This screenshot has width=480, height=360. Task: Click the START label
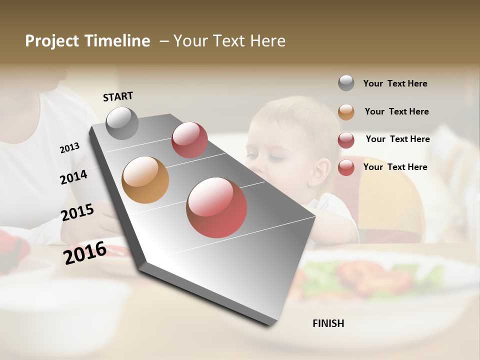pos(118,96)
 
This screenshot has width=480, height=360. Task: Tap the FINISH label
pos(328,323)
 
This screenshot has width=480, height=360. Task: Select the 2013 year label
pos(69,148)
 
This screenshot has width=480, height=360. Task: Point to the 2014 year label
pos(73,177)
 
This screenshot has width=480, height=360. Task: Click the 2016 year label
pos(84,252)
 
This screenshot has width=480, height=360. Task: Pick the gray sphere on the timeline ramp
pos(122,123)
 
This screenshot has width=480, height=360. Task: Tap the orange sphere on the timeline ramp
pos(145,180)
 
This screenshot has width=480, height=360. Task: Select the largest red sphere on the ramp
pos(216,207)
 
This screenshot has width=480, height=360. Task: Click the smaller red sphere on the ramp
pos(189,140)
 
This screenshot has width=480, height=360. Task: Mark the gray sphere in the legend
pos(346,83)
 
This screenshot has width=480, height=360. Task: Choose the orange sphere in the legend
pos(346,112)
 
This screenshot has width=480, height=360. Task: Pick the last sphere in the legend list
pos(346,167)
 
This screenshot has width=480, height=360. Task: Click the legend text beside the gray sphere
pos(395,83)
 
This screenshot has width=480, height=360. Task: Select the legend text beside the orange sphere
pos(396,111)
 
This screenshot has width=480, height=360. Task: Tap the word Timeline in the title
pos(117,41)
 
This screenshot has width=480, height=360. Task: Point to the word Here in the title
pos(267,41)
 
